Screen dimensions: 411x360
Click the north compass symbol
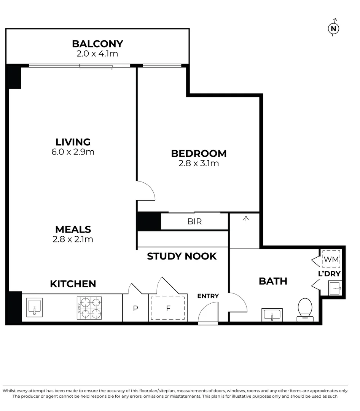[334, 28]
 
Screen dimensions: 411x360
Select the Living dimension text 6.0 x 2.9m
[73, 152]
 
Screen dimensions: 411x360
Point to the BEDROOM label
[199, 153]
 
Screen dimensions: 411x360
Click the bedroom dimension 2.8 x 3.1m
[199, 164]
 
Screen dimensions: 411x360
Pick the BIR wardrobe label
[194, 221]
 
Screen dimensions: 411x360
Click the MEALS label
[73, 229]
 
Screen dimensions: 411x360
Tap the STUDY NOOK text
[182, 256]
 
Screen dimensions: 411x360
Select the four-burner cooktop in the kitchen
[89, 308]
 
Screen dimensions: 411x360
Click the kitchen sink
[34, 307]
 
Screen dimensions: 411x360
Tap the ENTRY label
[208, 296]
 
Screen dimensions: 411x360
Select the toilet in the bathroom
[305, 308]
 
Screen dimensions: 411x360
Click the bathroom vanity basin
[272, 315]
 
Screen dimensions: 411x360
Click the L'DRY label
[329, 274]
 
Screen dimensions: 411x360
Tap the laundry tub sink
[334, 288]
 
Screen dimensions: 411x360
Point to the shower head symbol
[246, 218]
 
